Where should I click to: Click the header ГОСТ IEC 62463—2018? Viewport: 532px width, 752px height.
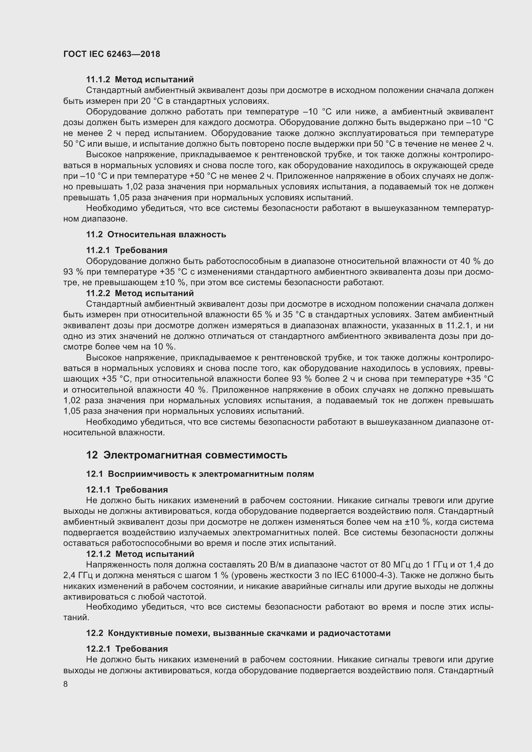[111, 54]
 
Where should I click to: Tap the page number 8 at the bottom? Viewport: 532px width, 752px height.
[66, 684]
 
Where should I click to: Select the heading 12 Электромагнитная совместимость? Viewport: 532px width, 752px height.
[187, 455]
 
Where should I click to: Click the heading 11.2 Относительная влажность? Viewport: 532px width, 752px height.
[156, 234]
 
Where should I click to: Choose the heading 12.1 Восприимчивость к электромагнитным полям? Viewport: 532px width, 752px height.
[200, 474]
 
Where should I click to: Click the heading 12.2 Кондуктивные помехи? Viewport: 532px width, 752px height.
[238, 633]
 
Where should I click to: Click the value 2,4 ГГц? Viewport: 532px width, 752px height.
[79, 575]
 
